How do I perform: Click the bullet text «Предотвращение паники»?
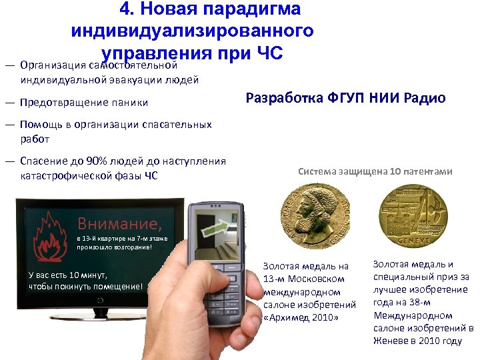click(x=84, y=103)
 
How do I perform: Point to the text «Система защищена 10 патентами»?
click(x=375, y=171)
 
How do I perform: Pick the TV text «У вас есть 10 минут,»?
click(x=67, y=275)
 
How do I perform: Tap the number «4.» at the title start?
click(x=127, y=9)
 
